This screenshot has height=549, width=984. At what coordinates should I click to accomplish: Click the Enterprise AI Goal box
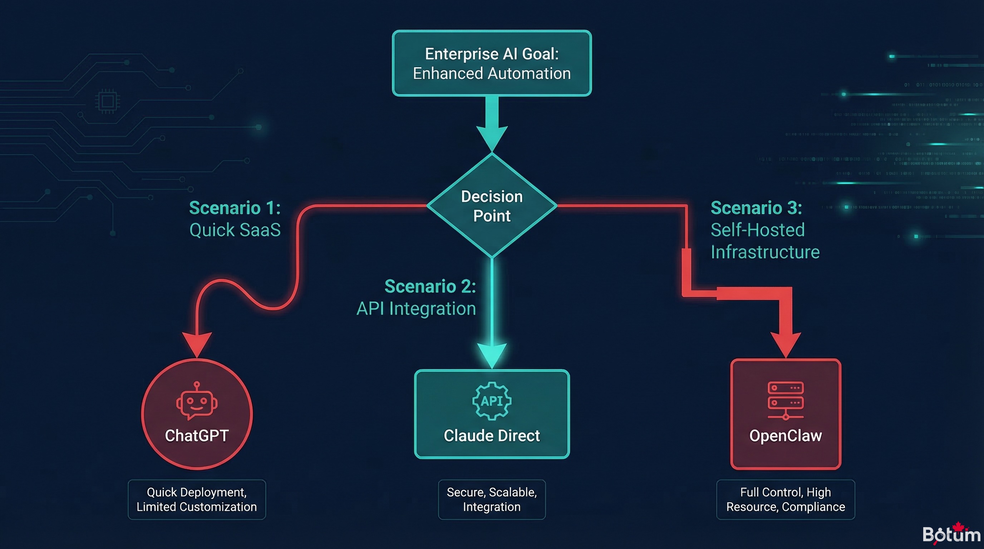pyautogui.click(x=492, y=63)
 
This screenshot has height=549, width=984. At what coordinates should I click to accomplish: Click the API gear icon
pyautogui.click(x=492, y=401)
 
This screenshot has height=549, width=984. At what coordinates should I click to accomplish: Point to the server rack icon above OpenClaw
pyautogui.click(x=785, y=400)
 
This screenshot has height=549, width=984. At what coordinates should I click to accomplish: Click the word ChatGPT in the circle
pyautogui.click(x=197, y=436)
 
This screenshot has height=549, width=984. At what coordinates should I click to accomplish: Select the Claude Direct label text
pyautogui.click(x=492, y=436)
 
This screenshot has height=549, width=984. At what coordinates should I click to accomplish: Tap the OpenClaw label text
pyautogui.click(x=785, y=436)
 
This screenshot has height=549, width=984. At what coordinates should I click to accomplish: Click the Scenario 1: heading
pyautogui.click(x=235, y=208)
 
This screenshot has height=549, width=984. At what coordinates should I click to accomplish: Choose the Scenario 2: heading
pyautogui.click(x=430, y=286)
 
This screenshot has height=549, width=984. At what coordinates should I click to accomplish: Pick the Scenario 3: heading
pyautogui.click(x=756, y=208)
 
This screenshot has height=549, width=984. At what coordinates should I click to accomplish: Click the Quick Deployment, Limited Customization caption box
pyautogui.click(x=197, y=499)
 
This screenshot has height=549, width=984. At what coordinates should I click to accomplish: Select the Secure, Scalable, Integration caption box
pyautogui.click(x=492, y=499)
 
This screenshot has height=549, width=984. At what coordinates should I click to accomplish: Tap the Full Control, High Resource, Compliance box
pyautogui.click(x=785, y=499)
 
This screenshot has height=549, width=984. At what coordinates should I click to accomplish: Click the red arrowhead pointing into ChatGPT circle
pyautogui.click(x=197, y=343)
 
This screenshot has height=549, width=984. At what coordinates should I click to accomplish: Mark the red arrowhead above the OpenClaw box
pyautogui.click(x=785, y=343)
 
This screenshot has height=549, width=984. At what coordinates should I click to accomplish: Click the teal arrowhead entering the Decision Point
pyautogui.click(x=492, y=138)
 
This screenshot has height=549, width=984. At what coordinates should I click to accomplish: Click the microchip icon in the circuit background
pyautogui.click(x=107, y=102)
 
